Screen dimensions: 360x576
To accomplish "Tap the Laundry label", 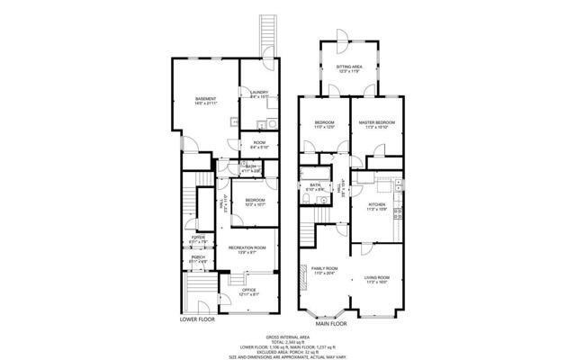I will tap(260, 93).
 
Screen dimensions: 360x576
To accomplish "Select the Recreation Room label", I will tap(247, 248).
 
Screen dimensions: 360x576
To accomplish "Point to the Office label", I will tap(247, 290).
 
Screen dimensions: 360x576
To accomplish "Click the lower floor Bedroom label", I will tap(255, 201).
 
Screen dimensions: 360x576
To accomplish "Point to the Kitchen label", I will tap(376, 205).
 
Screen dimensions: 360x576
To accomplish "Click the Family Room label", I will tap(324, 268).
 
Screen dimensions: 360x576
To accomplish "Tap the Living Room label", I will tap(376, 277).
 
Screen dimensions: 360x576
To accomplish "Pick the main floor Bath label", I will tap(314, 186).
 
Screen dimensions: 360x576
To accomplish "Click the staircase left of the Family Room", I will tap(308, 236).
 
